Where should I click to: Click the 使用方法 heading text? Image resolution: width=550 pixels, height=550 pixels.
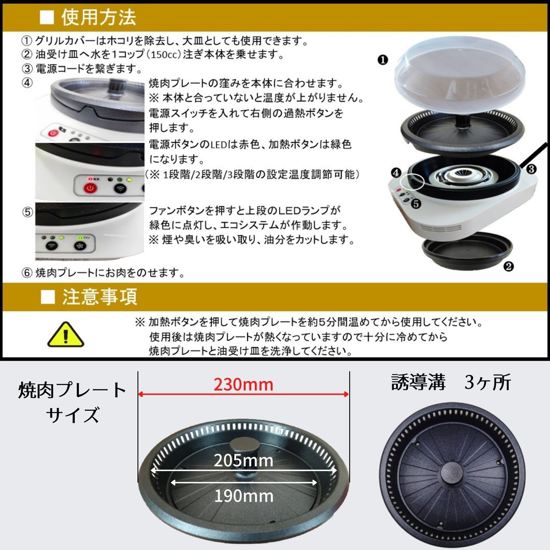[99, 17]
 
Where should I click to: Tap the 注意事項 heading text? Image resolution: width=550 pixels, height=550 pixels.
[99, 297]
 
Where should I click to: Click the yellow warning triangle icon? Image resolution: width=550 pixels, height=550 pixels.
[66, 335]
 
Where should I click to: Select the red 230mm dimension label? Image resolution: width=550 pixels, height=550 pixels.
[243, 385]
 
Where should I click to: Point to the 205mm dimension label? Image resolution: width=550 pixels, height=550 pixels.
[243, 461]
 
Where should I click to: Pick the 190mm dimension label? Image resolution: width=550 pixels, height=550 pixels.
[243, 496]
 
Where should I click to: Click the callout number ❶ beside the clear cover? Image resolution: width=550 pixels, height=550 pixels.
[383, 60]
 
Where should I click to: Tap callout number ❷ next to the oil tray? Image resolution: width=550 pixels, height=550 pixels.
[508, 267]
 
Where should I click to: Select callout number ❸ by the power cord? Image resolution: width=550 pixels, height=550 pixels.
[531, 169]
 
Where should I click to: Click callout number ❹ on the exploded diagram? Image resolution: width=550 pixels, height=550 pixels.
[396, 173]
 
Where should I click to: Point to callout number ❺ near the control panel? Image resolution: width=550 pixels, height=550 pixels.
[416, 204]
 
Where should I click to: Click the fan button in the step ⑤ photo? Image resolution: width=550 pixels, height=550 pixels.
[80, 246]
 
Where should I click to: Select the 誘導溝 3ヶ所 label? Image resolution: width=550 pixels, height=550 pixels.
[451, 382]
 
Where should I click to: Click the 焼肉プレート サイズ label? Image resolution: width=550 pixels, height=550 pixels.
[72, 402]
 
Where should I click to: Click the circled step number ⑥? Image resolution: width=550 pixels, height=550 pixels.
[27, 273]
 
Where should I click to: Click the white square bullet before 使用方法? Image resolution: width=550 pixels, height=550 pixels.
[47, 17]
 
